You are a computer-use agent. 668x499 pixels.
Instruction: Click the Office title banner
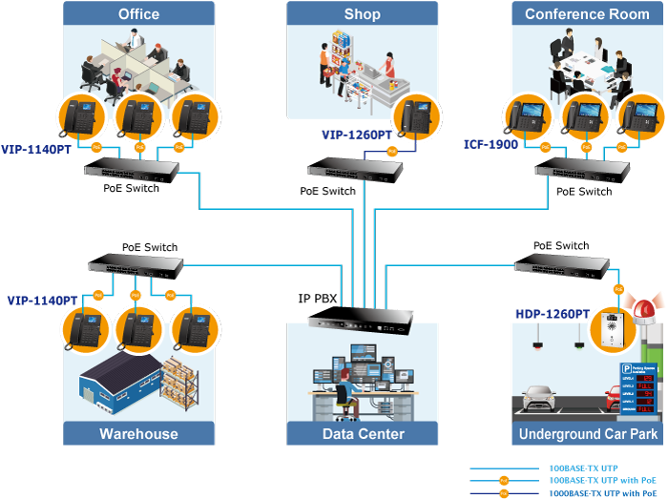(138, 13)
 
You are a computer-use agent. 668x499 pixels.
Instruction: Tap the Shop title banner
(362, 13)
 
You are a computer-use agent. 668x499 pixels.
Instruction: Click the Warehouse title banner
(138, 434)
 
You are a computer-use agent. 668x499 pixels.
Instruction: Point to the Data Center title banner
(362, 434)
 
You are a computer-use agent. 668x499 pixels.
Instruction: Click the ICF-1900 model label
(491, 145)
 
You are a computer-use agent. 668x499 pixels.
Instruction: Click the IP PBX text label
(318, 299)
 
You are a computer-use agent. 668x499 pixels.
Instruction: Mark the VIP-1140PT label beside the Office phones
(36, 150)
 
